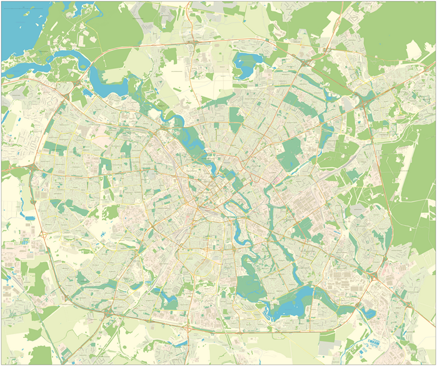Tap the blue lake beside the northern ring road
(x=249, y=61)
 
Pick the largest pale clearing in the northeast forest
(x=413, y=50)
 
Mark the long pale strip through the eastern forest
(x=406, y=156)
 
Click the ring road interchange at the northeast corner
(x=364, y=99)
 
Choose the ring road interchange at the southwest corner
(x=108, y=310)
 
